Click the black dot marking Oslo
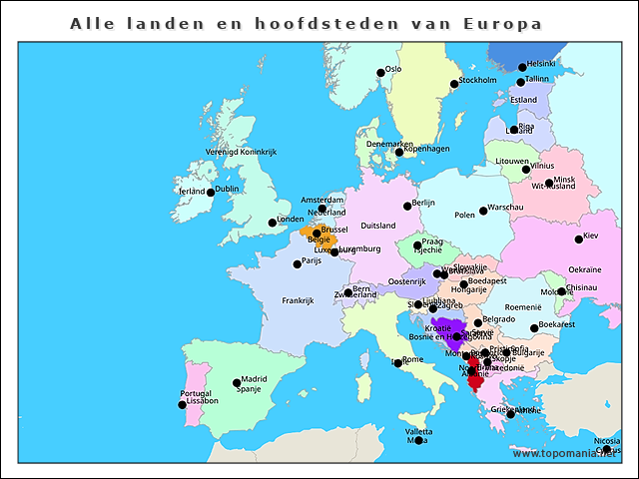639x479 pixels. (380, 72)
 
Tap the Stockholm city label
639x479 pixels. (477, 81)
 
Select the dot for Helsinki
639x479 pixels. (521, 68)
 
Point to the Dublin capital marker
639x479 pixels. (211, 192)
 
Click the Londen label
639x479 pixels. (291, 219)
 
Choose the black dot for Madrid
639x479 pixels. (237, 382)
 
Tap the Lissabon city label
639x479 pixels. (198, 401)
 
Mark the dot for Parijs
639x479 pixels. (297, 264)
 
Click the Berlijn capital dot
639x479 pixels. (407, 207)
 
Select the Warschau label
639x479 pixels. (505, 207)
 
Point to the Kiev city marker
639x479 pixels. (579, 239)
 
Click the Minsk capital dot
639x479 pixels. (550, 184)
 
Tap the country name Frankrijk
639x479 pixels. (298, 300)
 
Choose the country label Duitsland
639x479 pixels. (377, 226)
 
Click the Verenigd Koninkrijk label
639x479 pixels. (241, 152)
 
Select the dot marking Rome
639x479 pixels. (397, 363)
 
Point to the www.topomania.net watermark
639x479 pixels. (564, 453)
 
